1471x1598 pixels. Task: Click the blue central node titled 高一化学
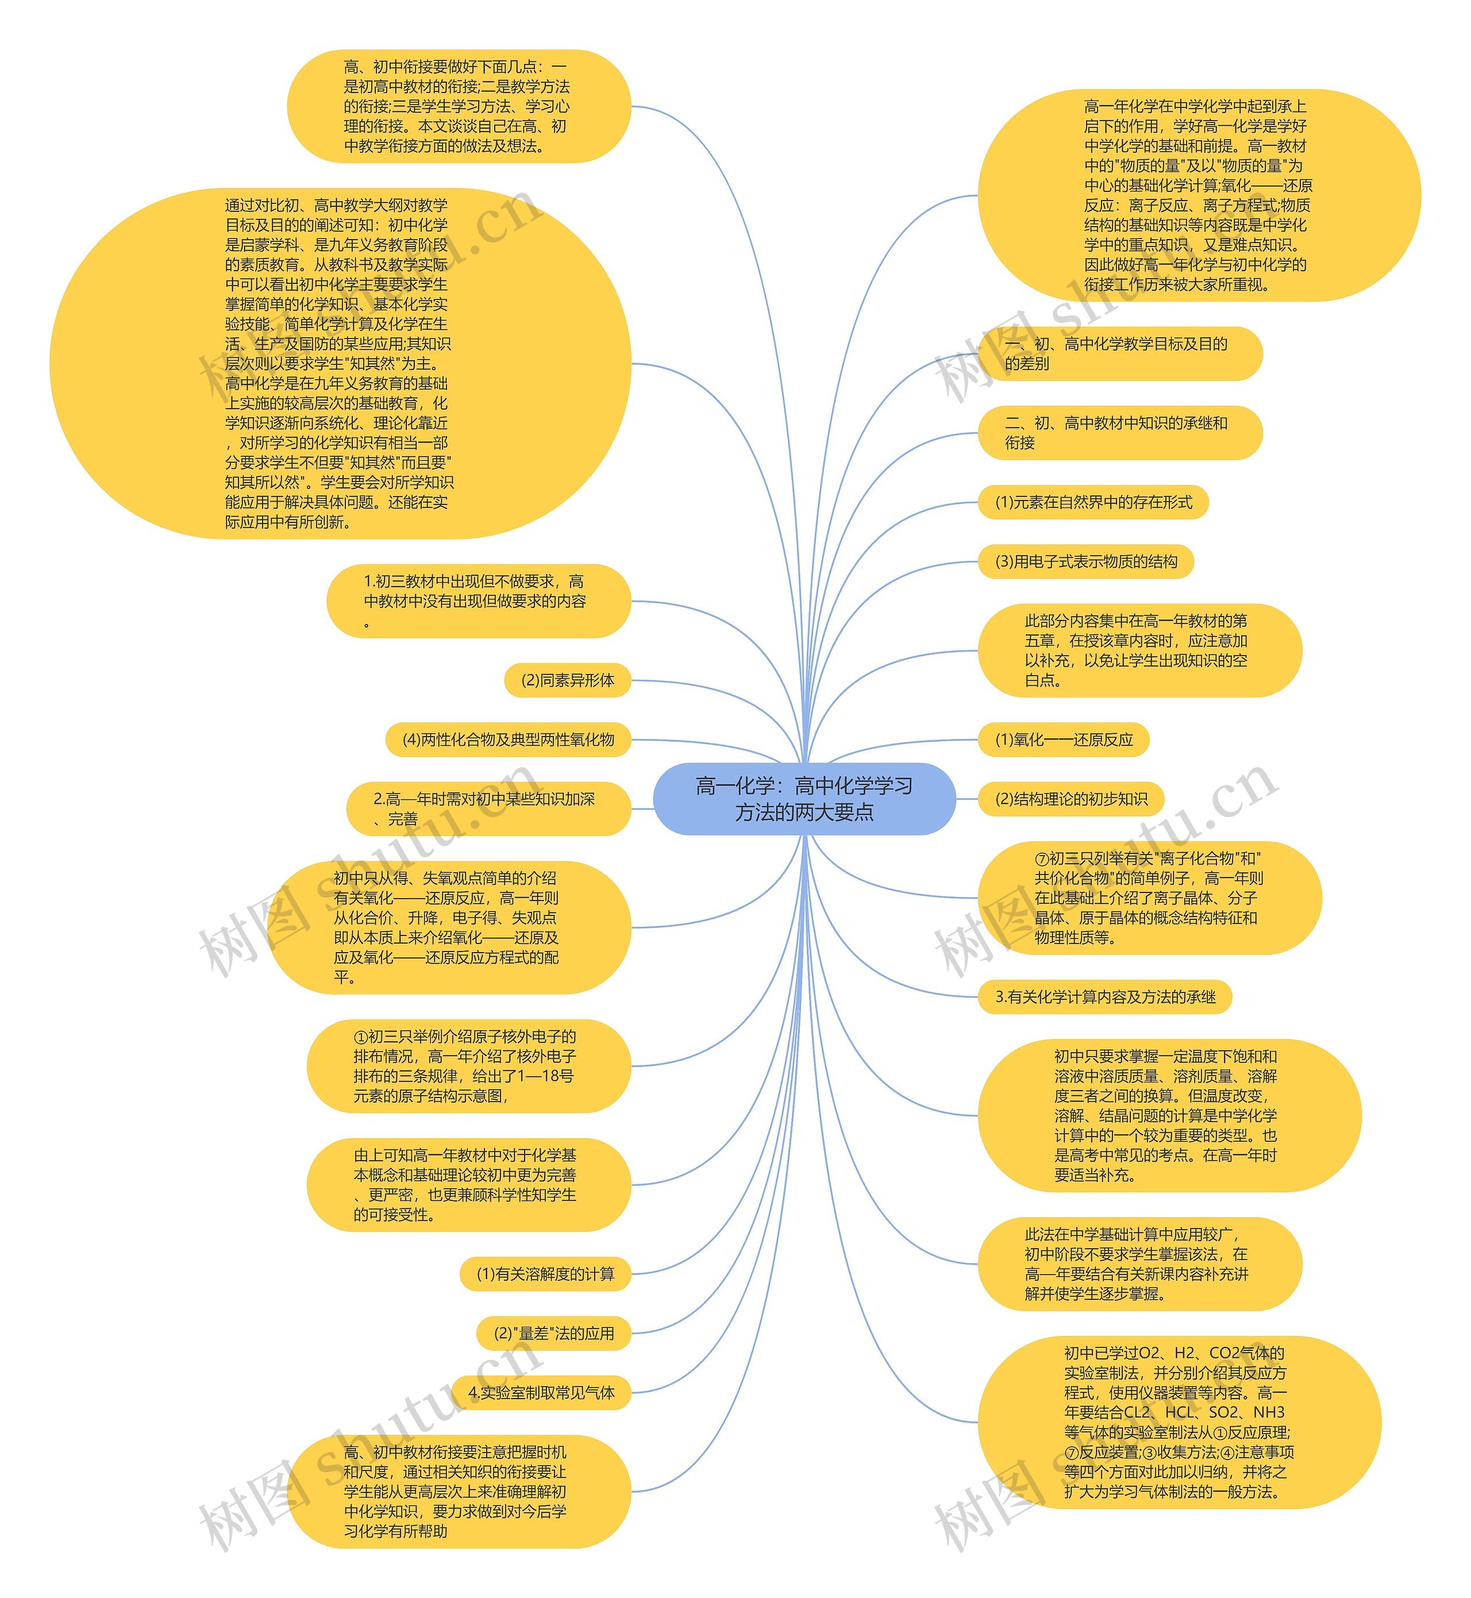coord(804,799)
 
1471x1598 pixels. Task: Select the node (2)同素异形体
coord(568,680)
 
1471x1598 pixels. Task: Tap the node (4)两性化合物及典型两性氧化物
coord(508,740)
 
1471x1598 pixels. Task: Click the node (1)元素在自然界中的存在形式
coord(1093,502)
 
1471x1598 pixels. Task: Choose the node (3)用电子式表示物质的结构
coord(1086,562)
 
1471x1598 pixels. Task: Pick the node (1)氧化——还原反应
coord(1064,740)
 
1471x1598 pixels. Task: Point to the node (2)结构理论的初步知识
coord(1070,799)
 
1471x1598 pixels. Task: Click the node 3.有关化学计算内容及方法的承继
coord(1105,997)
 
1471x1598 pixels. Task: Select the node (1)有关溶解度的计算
coord(545,1274)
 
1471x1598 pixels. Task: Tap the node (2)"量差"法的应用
coord(554,1334)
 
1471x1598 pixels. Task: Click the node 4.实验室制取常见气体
coord(541,1393)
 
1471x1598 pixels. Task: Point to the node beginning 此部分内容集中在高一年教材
coord(1139,651)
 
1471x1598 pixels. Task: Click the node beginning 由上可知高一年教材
coord(469,1185)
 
